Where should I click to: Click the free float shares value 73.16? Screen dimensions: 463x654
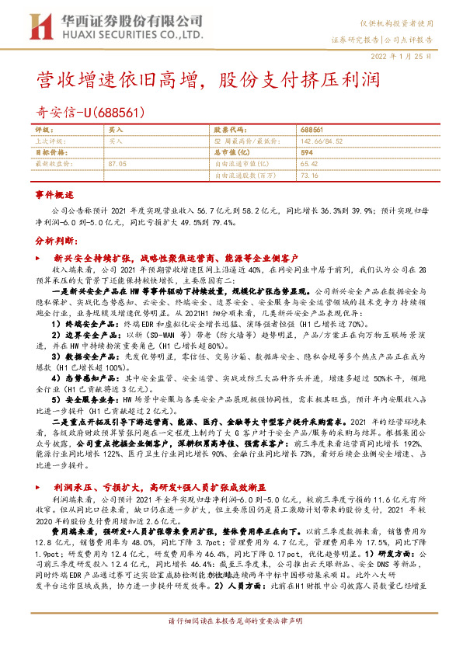308,176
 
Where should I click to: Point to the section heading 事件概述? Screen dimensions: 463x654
54,193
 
